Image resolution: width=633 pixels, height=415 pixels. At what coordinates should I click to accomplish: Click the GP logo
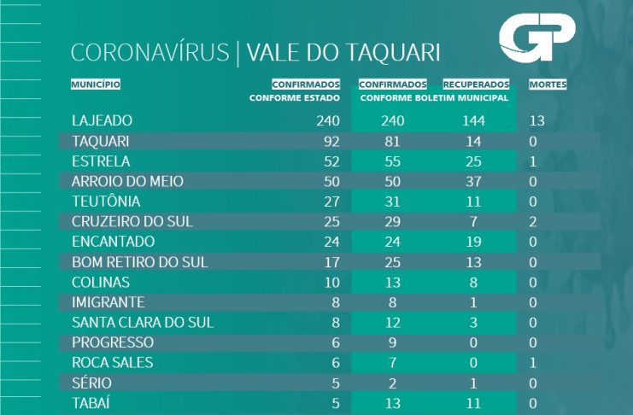click(x=536, y=39)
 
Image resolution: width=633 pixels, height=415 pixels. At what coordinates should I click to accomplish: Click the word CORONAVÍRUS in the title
click(x=150, y=53)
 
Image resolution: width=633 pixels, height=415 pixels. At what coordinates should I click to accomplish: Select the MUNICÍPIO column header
click(x=96, y=85)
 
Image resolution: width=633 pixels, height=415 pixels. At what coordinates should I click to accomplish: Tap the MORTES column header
click(x=548, y=85)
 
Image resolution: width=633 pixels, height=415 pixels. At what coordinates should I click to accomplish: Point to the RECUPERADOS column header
click(x=476, y=85)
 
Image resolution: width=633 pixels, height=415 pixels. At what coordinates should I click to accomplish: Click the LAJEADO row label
click(x=103, y=120)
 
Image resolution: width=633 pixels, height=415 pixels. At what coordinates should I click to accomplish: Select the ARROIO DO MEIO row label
click(x=127, y=181)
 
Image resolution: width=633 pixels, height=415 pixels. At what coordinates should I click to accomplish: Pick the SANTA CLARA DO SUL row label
click(x=143, y=322)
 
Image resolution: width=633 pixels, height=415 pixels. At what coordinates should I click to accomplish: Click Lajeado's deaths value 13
click(x=537, y=120)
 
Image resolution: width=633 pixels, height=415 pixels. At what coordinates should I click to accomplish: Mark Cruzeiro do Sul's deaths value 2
click(x=533, y=221)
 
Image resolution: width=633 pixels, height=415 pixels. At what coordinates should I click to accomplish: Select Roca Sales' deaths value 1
click(x=533, y=362)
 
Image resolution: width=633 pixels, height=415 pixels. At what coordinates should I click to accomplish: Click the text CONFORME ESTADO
click(x=294, y=98)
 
